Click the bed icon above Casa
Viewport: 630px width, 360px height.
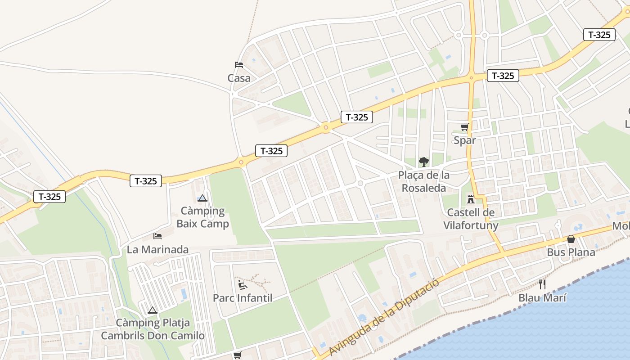point(239,65)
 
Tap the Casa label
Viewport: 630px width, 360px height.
point(239,78)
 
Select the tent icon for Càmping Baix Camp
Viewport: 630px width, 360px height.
point(202,198)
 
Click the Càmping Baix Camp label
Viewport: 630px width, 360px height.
point(202,217)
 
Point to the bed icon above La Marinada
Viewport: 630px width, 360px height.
point(157,236)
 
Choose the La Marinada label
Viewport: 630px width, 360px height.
point(157,249)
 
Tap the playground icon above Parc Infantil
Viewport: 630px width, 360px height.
point(243,284)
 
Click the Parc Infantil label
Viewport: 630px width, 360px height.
point(243,298)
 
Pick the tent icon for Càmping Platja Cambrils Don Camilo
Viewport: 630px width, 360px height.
point(153,310)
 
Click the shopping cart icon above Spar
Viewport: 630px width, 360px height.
point(464,127)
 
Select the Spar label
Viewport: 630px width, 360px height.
point(464,140)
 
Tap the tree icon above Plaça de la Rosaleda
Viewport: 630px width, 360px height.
point(423,162)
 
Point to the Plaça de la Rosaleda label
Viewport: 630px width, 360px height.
point(423,181)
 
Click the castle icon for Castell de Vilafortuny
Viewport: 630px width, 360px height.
point(471,199)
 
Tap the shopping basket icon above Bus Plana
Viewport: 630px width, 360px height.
point(571,238)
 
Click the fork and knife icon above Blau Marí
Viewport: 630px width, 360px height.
point(542,284)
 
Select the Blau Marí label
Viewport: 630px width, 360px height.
point(542,298)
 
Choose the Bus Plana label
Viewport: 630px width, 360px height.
point(571,252)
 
